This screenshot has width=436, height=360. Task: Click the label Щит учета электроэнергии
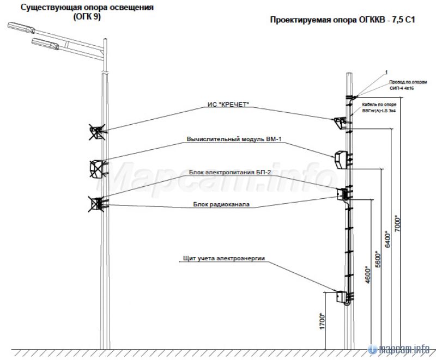coord(225,258)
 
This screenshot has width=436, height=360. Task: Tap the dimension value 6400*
coord(387,241)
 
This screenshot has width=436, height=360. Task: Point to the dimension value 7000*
coord(397,224)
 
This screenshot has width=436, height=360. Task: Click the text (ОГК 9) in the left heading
coord(87,17)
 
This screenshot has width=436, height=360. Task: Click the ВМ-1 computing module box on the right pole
coord(341,159)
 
